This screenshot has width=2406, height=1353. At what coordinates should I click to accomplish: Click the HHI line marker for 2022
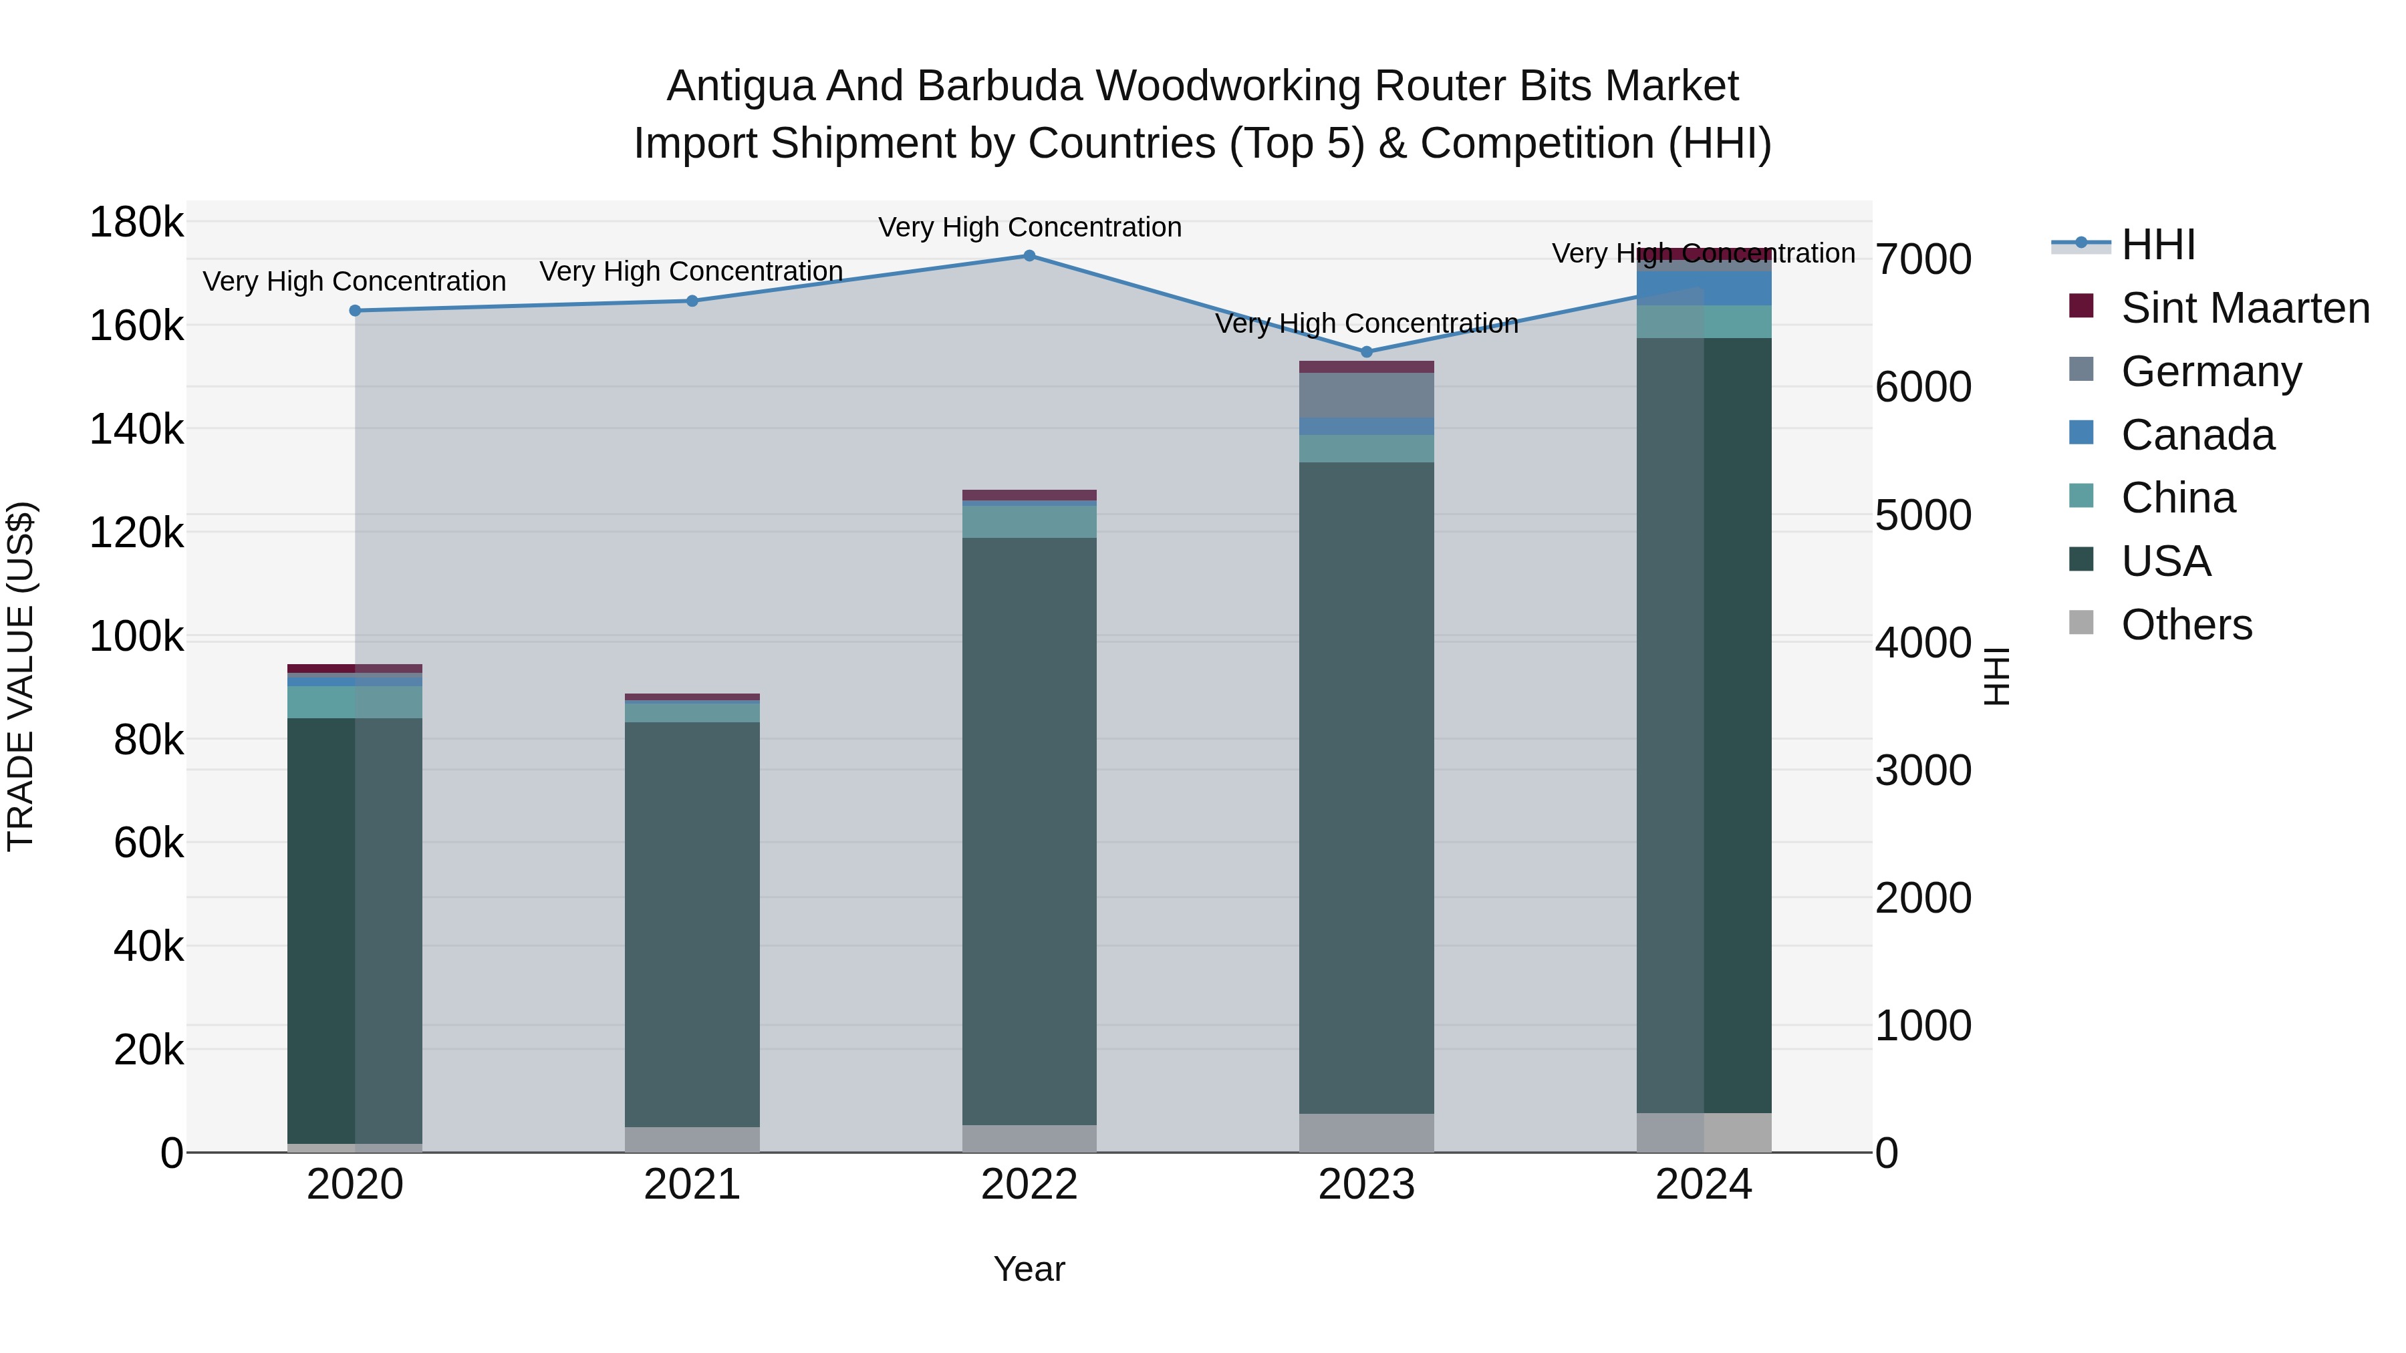click(1029, 256)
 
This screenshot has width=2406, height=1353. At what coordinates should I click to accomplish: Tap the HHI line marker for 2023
click(1367, 352)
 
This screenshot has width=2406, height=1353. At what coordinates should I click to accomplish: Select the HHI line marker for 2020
click(355, 311)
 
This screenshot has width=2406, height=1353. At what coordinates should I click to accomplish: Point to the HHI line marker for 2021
click(692, 301)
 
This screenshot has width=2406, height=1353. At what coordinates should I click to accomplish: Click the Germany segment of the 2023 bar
click(1367, 395)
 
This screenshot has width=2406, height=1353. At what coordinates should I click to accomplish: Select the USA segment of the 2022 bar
click(1029, 831)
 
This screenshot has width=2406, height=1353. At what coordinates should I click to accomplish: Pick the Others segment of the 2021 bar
click(692, 1139)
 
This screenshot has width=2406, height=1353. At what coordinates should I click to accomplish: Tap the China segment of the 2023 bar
click(1367, 448)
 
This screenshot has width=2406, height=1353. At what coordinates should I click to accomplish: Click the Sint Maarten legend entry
click(2244, 308)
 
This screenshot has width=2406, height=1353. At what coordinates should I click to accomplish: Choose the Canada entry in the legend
click(2197, 435)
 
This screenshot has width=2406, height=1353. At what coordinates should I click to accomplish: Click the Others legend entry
click(2185, 625)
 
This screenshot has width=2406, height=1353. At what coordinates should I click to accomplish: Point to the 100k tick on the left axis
click(136, 638)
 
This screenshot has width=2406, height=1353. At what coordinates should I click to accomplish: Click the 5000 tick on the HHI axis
click(1923, 515)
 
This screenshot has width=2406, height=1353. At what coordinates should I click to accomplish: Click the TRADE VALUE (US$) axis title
click(21, 676)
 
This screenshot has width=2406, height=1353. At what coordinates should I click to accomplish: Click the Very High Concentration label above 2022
click(1029, 228)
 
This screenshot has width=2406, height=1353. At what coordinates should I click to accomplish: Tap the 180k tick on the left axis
click(136, 223)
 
